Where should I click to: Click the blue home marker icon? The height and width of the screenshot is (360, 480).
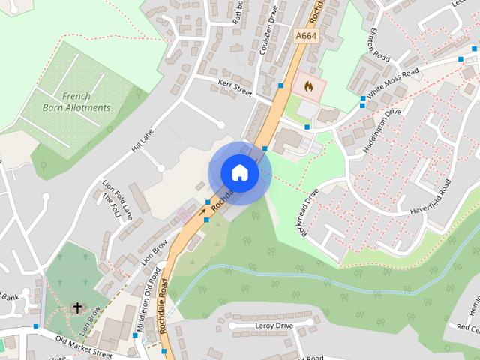point(239,172)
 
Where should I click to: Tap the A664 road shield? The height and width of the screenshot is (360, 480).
point(305,36)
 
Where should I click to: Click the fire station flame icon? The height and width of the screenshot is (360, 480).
point(307,87)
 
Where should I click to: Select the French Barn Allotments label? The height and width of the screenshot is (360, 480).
point(86,102)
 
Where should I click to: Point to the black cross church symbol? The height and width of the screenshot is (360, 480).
point(77,307)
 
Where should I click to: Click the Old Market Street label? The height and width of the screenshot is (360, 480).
point(84,346)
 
